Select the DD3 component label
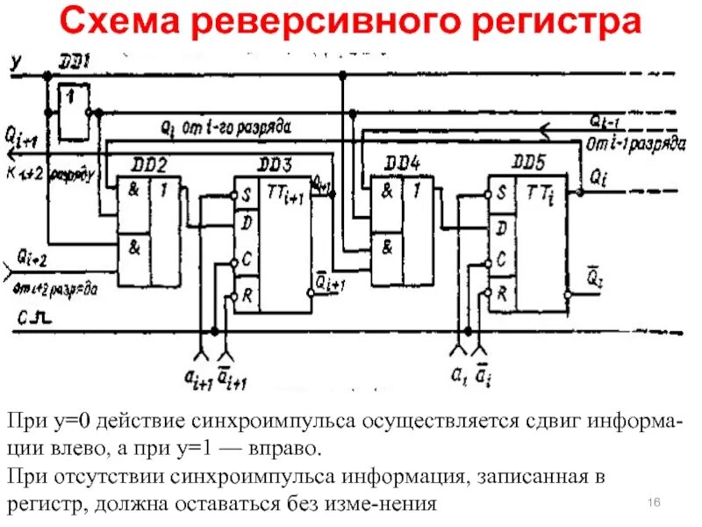(275, 164)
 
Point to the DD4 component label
(402, 164)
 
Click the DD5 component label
(531, 164)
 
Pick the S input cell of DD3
(247, 194)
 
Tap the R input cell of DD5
(501, 293)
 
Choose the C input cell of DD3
(247, 260)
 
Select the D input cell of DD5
(501, 228)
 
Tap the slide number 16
(653, 501)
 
